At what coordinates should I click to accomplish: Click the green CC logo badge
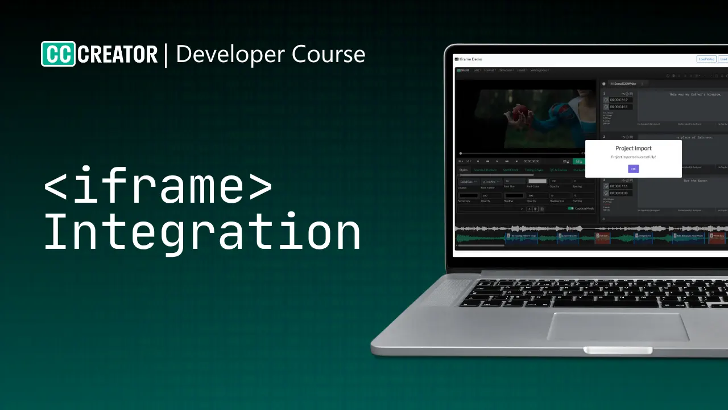58,54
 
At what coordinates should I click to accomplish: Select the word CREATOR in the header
118,55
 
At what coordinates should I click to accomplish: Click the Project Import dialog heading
633,149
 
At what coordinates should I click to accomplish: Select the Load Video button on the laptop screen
706,59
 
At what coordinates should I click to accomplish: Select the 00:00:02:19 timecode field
619,100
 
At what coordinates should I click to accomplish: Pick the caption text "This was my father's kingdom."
695,95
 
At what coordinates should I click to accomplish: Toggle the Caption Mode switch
570,208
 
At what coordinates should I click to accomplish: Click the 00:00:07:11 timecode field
619,186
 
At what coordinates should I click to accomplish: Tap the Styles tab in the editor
464,170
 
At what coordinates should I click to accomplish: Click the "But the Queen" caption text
695,181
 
